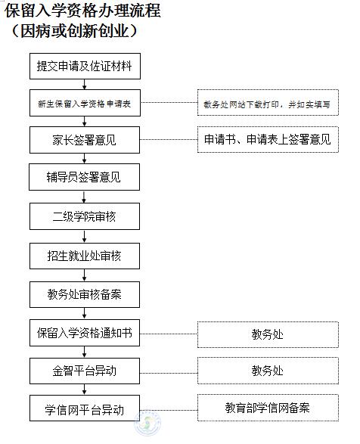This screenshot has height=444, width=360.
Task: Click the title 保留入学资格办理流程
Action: [x=82, y=11]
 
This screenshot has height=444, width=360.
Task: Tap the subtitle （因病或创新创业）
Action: [x=75, y=31]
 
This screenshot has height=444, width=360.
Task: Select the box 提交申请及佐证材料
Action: [x=85, y=66]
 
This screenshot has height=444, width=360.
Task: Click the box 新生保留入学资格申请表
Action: [x=85, y=103]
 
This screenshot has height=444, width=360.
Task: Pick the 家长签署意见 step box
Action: [x=85, y=140]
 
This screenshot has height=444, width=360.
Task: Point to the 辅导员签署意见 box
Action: [x=85, y=177]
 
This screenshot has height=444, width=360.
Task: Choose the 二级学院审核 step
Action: [x=85, y=216]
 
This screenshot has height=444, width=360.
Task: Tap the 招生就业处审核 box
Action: [x=85, y=256]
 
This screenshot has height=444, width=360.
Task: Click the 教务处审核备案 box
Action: [x=85, y=294]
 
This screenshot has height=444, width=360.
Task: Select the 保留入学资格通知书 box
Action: [x=85, y=333]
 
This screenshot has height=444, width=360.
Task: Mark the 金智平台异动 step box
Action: [x=85, y=371]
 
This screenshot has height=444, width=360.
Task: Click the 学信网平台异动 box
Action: [x=85, y=408]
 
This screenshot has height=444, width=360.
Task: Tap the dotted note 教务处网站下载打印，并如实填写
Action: [x=268, y=103]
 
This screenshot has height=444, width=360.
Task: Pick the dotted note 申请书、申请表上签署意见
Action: [x=268, y=140]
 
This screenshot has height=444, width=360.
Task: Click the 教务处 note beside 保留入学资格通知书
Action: [x=268, y=334]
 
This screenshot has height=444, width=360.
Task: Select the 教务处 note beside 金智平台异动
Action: [x=268, y=371]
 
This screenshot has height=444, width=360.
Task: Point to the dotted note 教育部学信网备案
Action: [x=268, y=408]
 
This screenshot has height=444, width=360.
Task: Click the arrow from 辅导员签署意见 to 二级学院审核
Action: [x=84, y=197]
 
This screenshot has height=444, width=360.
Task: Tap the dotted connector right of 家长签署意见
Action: [x=169, y=139]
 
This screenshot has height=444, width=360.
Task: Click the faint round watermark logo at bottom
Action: [x=147, y=424]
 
